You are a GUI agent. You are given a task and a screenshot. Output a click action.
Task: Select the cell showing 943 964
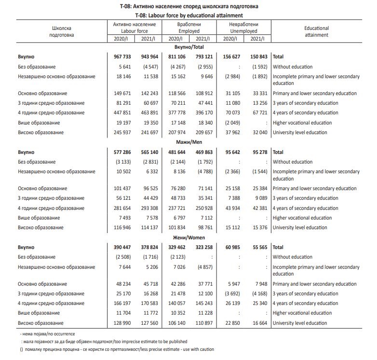coord(153,57)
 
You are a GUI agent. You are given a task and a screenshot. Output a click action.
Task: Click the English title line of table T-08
coord(188,15)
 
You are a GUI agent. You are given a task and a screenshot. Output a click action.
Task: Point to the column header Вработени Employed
coord(188,27)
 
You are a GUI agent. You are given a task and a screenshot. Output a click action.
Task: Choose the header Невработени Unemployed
coord(243,27)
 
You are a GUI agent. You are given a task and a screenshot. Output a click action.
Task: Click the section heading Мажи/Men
coord(188,142)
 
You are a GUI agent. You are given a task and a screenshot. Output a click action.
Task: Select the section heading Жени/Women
coord(188,237)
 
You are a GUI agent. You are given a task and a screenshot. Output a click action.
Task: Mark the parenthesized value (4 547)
coord(153,67)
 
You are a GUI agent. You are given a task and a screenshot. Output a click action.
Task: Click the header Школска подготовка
coord(62,31)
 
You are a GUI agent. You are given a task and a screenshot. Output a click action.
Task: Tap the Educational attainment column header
coord(317,31)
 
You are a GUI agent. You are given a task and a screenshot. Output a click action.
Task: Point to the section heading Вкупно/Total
coord(188,47)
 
